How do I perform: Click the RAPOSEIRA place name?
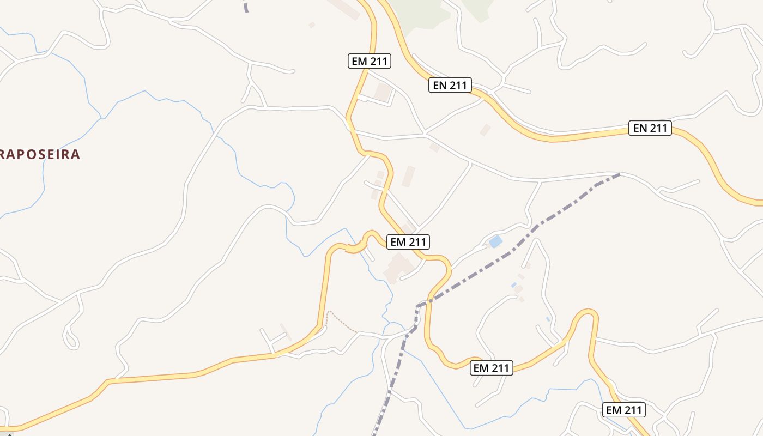pyautogui.click(x=40, y=154)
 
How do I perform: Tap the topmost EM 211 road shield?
pyautogui.click(x=370, y=61)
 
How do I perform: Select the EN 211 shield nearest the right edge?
pyautogui.click(x=650, y=128)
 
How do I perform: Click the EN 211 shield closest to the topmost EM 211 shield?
pyautogui.click(x=450, y=85)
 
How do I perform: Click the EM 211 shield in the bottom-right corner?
pyautogui.click(x=624, y=410)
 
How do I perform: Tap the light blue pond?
pyautogui.click(x=495, y=241)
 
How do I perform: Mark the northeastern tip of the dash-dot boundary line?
pyautogui.click(x=619, y=174)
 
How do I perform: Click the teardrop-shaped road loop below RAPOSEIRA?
pyautogui.click(x=71, y=339)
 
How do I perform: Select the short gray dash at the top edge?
pyautogui.click(x=246, y=7)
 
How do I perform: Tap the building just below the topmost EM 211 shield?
pyautogui.click(x=383, y=92)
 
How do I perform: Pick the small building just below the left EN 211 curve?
pyautogui.click(x=485, y=130)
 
